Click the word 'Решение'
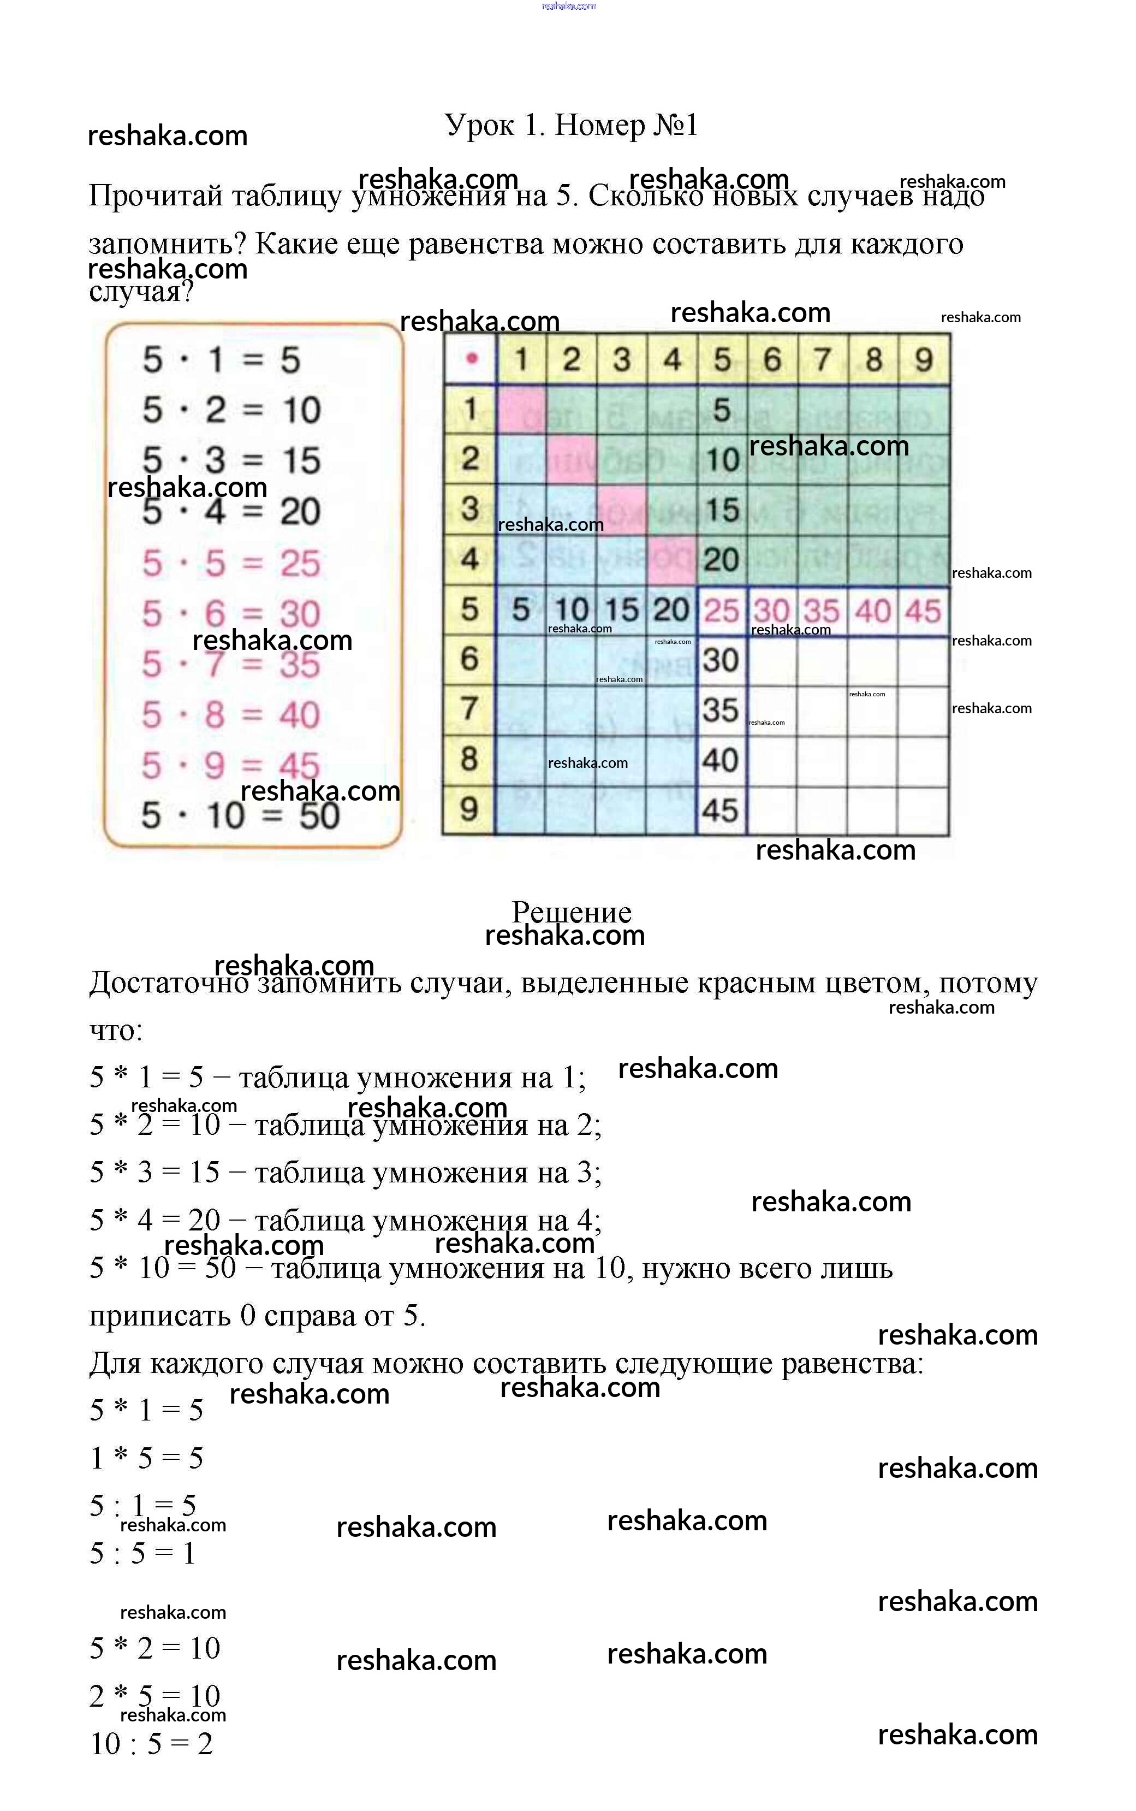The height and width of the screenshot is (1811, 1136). pyautogui.click(x=571, y=912)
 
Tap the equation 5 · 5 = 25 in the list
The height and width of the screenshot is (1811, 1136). pyautogui.click(x=231, y=563)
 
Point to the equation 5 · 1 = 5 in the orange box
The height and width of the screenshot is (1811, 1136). pyautogui.click(x=222, y=359)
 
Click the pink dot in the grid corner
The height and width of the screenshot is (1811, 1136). pyautogui.click(x=471, y=358)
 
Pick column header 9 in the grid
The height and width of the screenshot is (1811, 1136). pyautogui.click(x=924, y=359)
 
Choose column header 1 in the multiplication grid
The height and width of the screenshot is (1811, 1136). pyautogui.click(x=521, y=359)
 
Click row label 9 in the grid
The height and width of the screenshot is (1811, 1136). pyautogui.click(x=469, y=809)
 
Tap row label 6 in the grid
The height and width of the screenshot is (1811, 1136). pyautogui.click(x=469, y=659)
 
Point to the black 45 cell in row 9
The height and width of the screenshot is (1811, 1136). pyautogui.click(x=721, y=810)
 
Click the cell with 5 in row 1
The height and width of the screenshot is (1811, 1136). pyautogui.click(x=721, y=410)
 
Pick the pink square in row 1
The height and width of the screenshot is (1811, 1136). pyautogui.click(x=521, y=410)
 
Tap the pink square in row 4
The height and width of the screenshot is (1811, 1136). pyautogui.click(x=671, y=560)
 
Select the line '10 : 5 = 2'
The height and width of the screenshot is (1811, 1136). pyautogui.click(x=152, y=1743)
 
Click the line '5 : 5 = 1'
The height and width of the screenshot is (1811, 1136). pyautogui.click(x=143, y=1553)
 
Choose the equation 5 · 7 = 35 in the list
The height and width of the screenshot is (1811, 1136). pyautogui.click(x=231, y=664)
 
